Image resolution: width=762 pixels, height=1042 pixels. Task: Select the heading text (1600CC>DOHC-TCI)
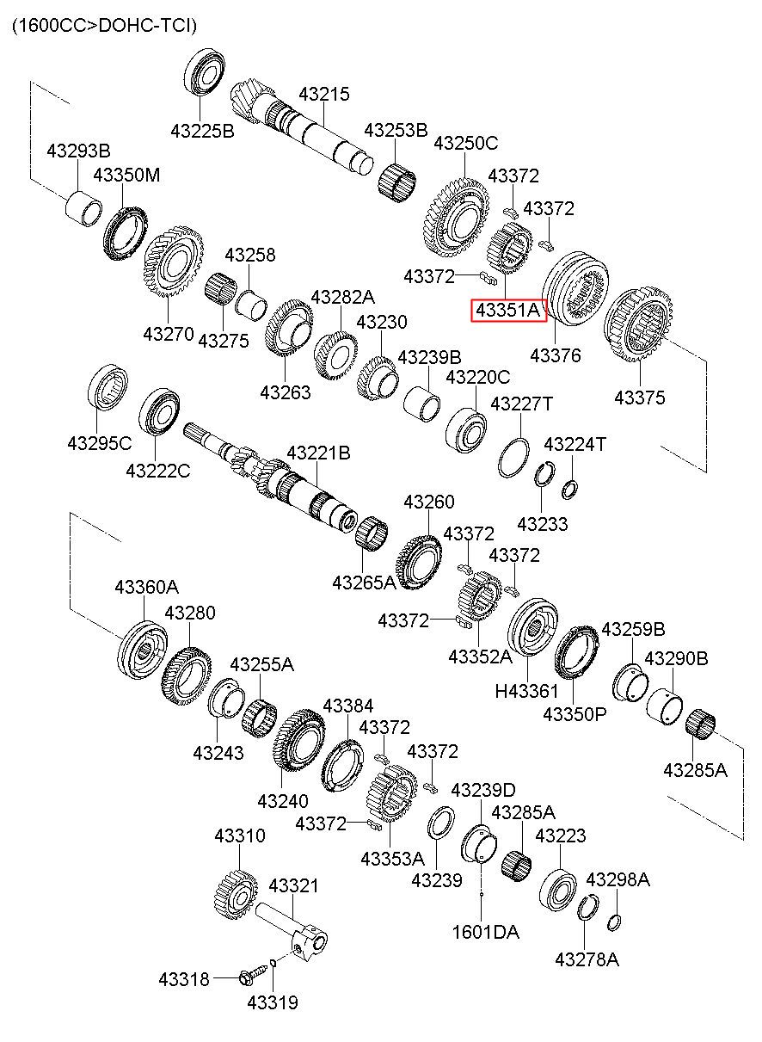(x=104, y=27)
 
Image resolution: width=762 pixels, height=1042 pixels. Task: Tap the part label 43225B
(x=202, y=132)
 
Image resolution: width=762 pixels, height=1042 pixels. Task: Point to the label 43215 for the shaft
(x=324, y=95)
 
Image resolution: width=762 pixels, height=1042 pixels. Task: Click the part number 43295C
(x=100, y=444)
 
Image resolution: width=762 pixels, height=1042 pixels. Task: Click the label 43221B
(x=318, y=453)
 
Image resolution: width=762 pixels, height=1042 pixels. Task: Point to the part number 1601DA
(x=485, y=931)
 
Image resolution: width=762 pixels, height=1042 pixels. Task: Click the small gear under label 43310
(x=235, y=894)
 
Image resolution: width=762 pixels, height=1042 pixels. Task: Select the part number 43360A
(x=147, y=587)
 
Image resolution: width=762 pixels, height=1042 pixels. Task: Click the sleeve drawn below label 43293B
(x=84, y=208)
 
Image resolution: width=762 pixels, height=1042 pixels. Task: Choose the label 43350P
(x=575, y=714)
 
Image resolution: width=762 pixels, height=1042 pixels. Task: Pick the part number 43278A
(x=587, y=959)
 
